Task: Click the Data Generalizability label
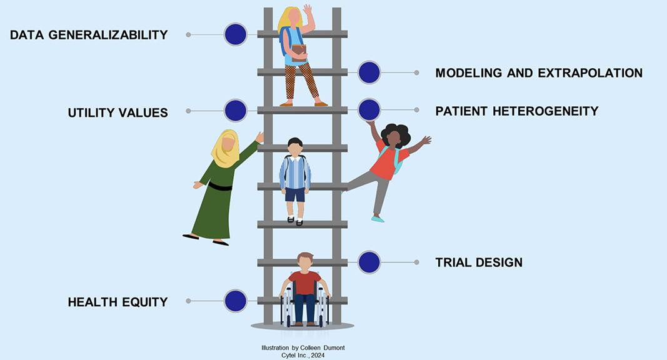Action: (89, 35)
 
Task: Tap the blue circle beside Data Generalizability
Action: (236, 34)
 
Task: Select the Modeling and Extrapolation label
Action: (539, 73)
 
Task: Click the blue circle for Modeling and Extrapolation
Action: (369, 72)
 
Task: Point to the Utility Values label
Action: (118, 113)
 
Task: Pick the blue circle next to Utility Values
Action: (236, 111)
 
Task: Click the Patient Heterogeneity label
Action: (517, 111)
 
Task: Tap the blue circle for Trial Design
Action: (369, 262)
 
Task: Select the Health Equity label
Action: (118, 302)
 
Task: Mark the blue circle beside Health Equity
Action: (236, 301)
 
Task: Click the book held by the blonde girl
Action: (299, 51)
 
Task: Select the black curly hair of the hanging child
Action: (395, 134)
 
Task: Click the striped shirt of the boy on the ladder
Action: (295, 172)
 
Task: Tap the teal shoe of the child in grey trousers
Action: (378, 219)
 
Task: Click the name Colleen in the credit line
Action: (316, 347)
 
